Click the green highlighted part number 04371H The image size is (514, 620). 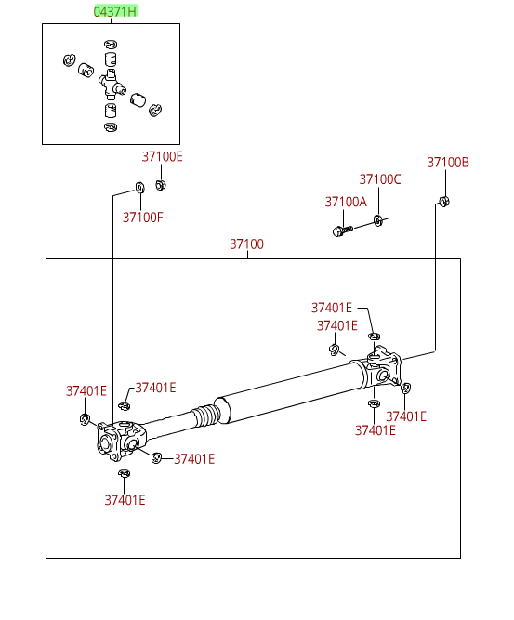(115, 11)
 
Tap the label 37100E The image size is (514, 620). (162, 156)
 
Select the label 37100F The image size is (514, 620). (143, 218)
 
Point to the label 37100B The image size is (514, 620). (448, 162)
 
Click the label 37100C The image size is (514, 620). (380, 179)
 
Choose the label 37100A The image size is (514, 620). (346, 202)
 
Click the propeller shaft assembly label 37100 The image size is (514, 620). (246, 244)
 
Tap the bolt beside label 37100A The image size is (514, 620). (342, 231)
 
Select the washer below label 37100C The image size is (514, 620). (378, 220)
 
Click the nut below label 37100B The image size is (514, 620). (444, 202)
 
